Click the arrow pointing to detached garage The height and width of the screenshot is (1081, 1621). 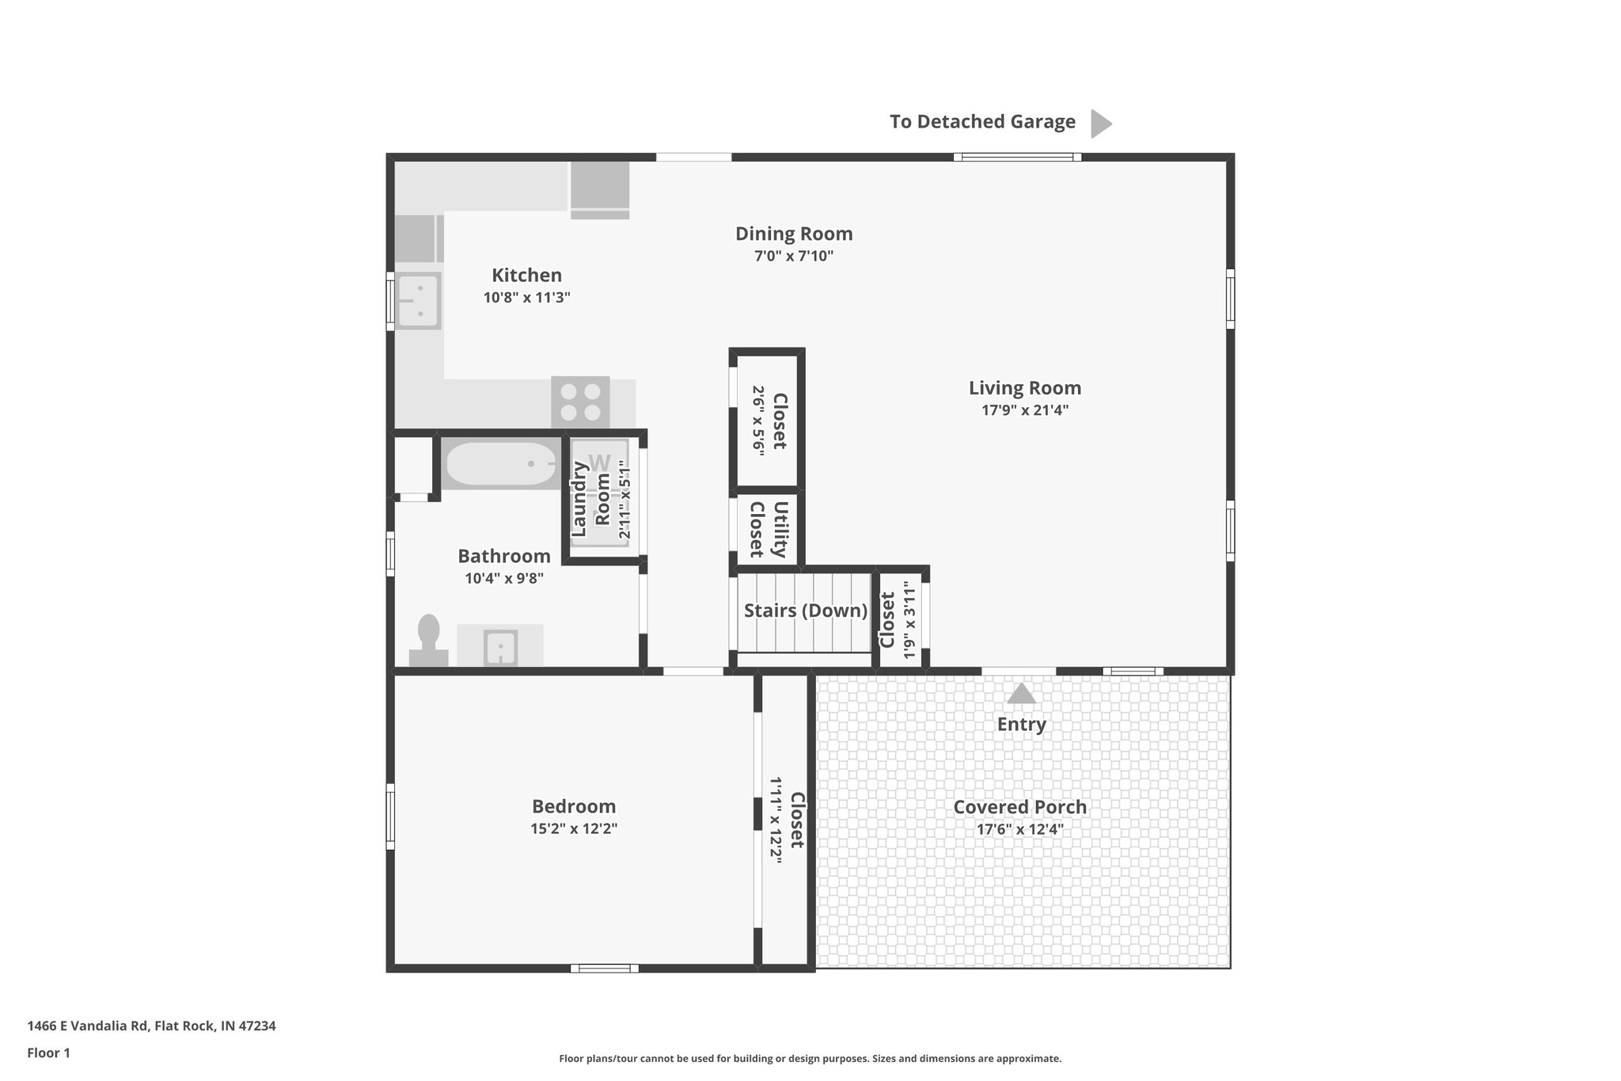pyautogui.click(x=1100, y=124)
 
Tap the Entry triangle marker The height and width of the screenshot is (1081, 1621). pyautogui.click(x=1021, y=695)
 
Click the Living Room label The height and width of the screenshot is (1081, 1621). pyautogui.click(x=1024, y=388)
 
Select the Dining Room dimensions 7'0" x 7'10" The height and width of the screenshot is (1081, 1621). pyautogui.click(x=793, y=257)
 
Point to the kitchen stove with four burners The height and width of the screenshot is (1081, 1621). pyautogui.click(x=580, y=402)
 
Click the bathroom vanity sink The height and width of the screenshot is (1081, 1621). pyautogui.click(x=500, y=647)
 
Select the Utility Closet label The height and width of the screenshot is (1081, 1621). pyautogui.click(x=768, y=530)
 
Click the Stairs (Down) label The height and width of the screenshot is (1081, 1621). pyautogui.click(x=805, y=611)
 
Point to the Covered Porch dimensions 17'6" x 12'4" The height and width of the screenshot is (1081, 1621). pyautogui.click(x=1019, y=830)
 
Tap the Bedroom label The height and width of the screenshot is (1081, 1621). pyautogui.click(x=573, y=806)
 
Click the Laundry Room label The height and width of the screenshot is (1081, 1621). pyautogui.click(x=590, y=499)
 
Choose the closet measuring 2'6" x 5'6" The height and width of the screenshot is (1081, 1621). pyautogui.click(x=768, y=421)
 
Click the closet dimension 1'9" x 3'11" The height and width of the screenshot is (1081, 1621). pyautogui.click(x=909, y=622)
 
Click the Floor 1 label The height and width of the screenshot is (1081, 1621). pyautogui.click(x=48, y=1052)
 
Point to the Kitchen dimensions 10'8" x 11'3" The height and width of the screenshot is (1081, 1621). pyautogui.click(x=526, y=298)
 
